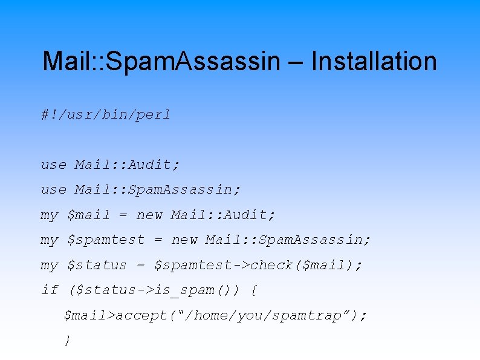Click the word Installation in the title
coord(374,62)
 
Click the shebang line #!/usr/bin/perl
coord(106,114)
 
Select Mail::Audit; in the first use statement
coord(128,165)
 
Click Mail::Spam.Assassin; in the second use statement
coord(158,190)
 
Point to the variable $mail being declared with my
coord(89,215)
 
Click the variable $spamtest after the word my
coord(106,240)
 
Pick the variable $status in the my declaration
coord(97,266)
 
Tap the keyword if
coord(50,290)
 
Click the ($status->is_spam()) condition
coord(154,290)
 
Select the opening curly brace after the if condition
coord(253,291)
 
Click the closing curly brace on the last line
coord(67,341)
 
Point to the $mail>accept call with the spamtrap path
coord(215,316)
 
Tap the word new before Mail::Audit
coord(149,215)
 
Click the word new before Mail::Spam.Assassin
coord(184,240)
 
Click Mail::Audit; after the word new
coord(223,215)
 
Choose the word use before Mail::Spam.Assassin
coord(54,190)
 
